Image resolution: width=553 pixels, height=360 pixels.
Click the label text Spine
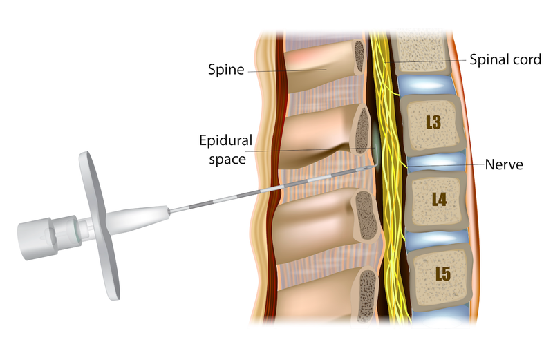[x=226, y=70]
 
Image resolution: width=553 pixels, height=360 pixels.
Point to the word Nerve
[x=505, y=166]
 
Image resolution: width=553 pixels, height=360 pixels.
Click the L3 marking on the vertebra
[x=435, y=125]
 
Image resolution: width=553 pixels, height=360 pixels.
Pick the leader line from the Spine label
[x=283, y=70]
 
